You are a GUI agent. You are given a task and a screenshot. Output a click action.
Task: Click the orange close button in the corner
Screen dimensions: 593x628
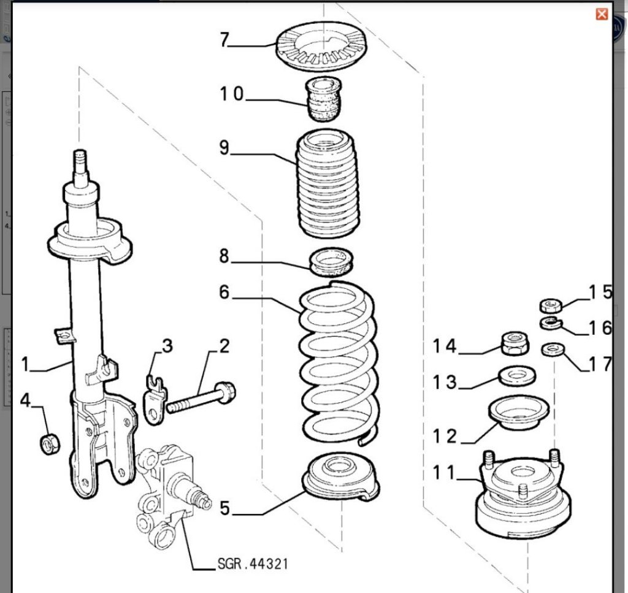pyautogui.click(x=602, y=14)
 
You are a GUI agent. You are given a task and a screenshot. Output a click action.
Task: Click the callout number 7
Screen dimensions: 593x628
pyautogui.click(x=224, y=40)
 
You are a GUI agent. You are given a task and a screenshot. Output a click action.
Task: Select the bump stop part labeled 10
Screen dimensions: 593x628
pyautogui.click(x=323, y=99)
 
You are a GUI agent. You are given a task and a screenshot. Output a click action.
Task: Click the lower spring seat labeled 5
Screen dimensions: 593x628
pyautogui.click(x=341, y=478)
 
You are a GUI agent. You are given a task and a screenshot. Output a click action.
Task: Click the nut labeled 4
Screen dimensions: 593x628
pyautogui.click(x=49, y=443)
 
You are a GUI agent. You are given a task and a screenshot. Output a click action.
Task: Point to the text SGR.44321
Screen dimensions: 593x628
pyautogui.click(x=252, y=564)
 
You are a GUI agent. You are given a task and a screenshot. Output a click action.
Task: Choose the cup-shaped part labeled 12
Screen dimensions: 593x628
pyautogui.click(x=517, y=414)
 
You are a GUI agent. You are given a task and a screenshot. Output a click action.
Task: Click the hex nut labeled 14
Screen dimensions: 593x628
pyautogui.click(x=515, y=343)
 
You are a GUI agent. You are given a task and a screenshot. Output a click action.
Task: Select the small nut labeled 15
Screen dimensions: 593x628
pyautogui.click(x=551, y=305)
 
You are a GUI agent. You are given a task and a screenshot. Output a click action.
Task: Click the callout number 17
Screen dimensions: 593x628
pyautogui.click(x=600, y=364)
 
